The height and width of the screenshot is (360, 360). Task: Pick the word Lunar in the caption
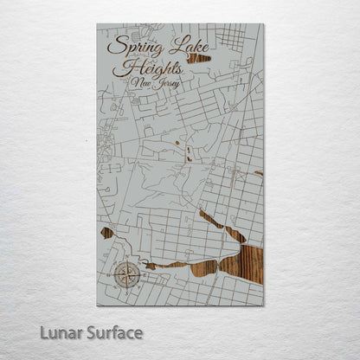(x=60, y=332)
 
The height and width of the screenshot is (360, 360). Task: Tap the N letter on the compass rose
(x=126, y=264)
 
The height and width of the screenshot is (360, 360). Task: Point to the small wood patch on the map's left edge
(x=106, y=232)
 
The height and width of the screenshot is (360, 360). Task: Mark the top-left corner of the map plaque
(x=97, y=24)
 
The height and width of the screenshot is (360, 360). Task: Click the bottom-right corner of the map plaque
(x=263, y=305)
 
